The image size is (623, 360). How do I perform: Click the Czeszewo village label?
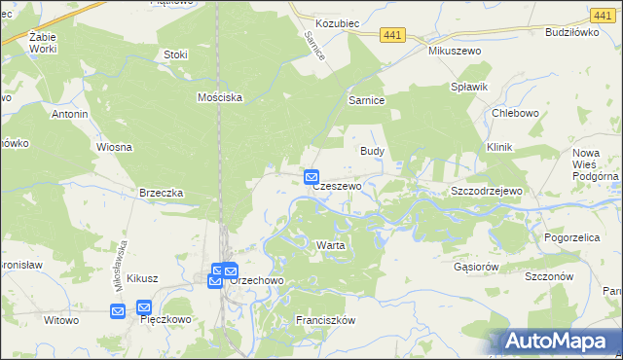pyautogui.click(x=338, y=185)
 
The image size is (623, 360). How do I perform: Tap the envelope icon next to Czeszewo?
pyautogui.click(x=311, y=177)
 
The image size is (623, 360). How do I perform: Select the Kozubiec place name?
pyautogui.click(x=340, y=20)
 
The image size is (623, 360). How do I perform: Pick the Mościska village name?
pyautogui.click(x=219, y=97)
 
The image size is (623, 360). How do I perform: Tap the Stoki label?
pyautogui.click(x=176, y=54)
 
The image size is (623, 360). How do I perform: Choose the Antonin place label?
pyautogui.click(x=70, y=114)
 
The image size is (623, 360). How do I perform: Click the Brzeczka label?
pyautogui.click(x=162, y=193)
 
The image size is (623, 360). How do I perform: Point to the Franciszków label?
pyautogui.click(x=328, y=320)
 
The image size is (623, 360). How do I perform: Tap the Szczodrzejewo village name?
pyautogui.click(x=487, y=191)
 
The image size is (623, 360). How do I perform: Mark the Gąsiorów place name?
pyautogui.click(x=477, y=266)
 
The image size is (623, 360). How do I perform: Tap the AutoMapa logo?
pyautogui.click(x=559, y=341)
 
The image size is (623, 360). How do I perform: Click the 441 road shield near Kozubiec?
pyautogui.click(x=392, y=34)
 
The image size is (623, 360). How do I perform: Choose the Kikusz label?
pyautogui.click(x=142, y=278)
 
